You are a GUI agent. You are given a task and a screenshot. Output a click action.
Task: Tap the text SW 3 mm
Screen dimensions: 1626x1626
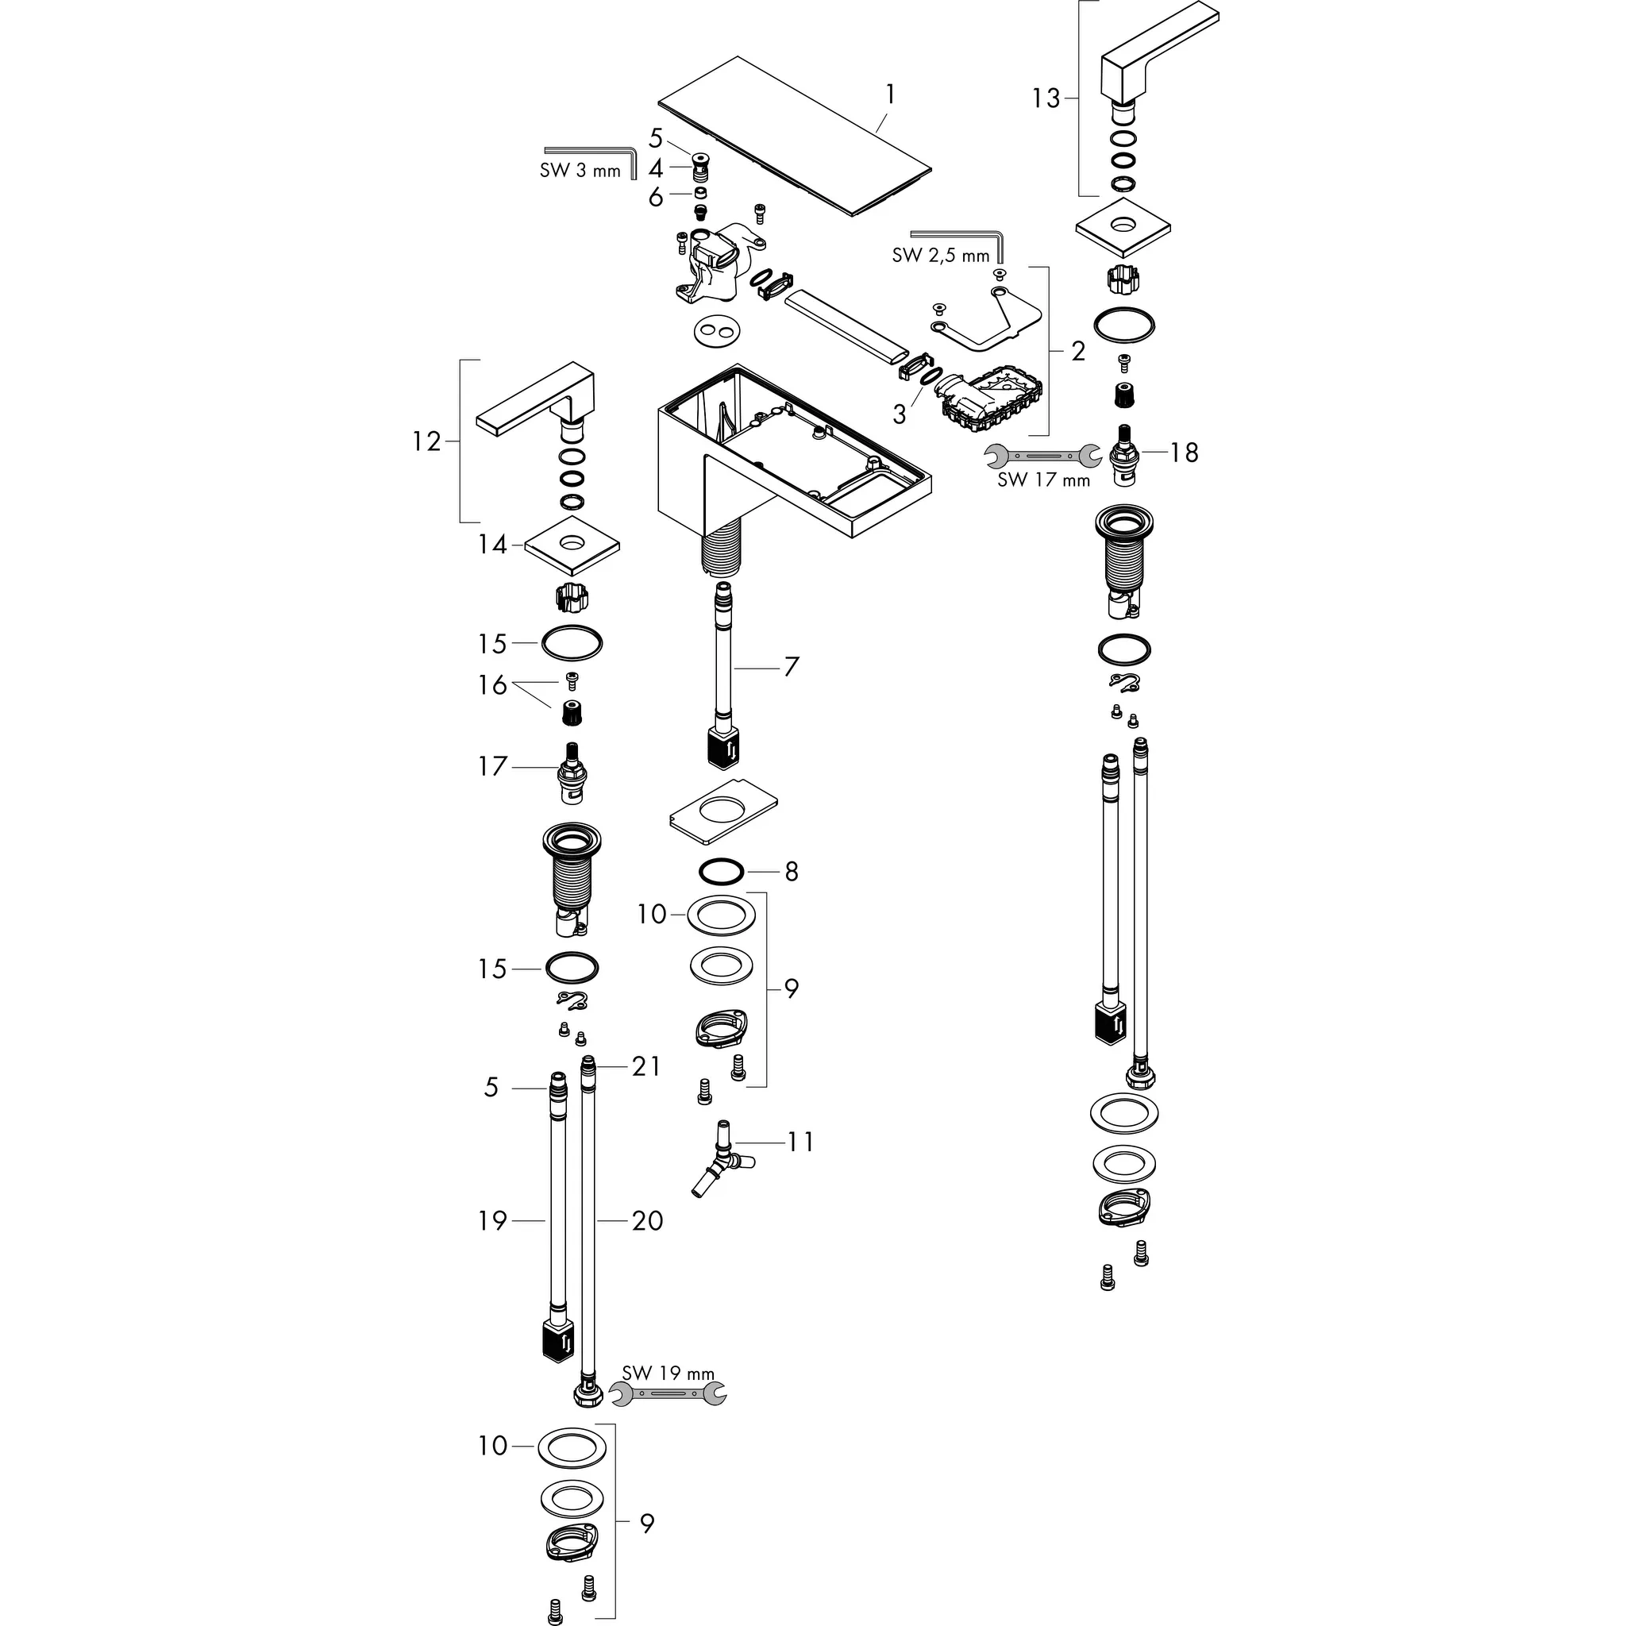click(x=580, y=171)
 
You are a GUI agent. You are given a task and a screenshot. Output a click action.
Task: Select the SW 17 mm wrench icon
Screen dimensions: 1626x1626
click(x=1042, y=455)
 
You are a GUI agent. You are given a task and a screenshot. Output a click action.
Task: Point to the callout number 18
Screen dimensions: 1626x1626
click(x=1183, y=453)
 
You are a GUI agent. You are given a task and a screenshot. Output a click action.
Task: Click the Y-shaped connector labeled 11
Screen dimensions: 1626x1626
click(x=721, y=1161)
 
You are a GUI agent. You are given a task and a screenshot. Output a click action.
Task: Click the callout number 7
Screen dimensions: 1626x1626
click(x=791, y=668)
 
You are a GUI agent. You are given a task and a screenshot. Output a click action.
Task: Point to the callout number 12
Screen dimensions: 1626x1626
click(x=426, y=441)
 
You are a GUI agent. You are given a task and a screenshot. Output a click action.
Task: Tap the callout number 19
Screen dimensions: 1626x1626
click(x=492, y=1220)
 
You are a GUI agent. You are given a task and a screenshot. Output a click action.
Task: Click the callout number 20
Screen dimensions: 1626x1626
click(x=647, y=1220)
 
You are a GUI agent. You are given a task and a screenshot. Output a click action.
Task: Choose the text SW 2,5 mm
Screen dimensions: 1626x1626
click(x=940, y=255)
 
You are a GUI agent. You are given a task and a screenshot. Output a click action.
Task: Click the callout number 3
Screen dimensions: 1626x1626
click(x=900, y=414)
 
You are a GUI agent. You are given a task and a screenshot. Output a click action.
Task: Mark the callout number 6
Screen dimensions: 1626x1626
click(x=656, y=197)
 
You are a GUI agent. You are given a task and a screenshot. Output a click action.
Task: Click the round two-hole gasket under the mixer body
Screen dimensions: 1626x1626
click(x=717, y=331)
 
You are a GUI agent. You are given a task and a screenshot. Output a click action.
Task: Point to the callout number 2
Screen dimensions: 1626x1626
click(x=1078, y=351)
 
